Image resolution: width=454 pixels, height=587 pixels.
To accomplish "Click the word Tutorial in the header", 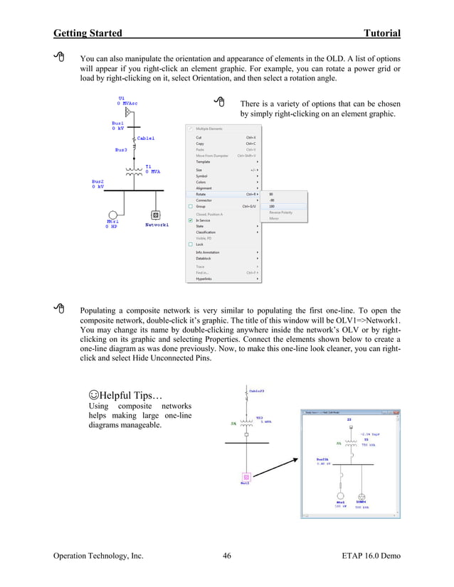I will [x=381, y=33].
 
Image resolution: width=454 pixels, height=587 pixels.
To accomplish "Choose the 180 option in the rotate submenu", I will [x=272, y=207].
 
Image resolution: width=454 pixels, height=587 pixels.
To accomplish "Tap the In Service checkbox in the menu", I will [x=191, y=220].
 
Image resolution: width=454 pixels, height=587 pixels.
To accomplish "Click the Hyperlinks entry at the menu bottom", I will [x=206, y=279].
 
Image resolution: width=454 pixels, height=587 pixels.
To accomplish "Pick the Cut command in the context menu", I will [x=199, y=138].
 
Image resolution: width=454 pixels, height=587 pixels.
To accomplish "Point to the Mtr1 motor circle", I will [x=112, y=215].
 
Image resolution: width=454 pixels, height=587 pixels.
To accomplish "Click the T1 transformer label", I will [x=149, y=167].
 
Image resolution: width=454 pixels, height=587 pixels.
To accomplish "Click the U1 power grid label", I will [x=122, y=97].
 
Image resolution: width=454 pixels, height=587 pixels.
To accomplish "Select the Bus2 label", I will [x=97, y=181].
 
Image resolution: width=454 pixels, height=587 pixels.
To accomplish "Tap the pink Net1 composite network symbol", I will [x=246, y=478].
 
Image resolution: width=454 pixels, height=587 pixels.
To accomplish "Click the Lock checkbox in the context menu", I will [x=191, y=244].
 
